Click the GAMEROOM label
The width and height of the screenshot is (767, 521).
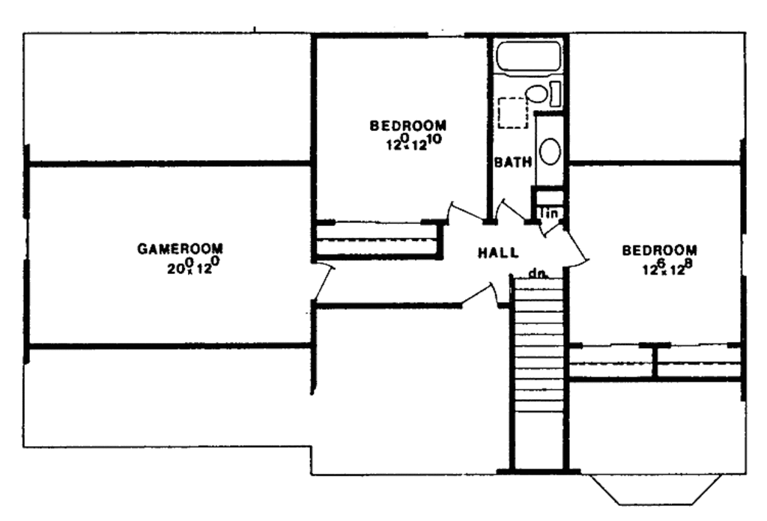[x=180, y=249]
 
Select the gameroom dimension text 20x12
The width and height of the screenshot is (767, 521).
[x=192, y=265]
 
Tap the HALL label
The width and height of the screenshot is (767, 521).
[x=498, y=253]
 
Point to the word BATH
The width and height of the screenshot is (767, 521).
[x=513, y=162]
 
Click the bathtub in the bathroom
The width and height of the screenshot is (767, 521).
[x=530, y=57]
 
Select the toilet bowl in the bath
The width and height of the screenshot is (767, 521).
[x=536, y=94]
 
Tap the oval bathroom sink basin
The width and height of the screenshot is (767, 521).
[x=550, y=151]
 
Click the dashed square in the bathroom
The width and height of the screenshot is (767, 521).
[x=513, y=112]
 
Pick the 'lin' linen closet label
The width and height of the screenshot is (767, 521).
[x=551, y=214]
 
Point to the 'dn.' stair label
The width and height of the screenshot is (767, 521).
[x=536, y=274]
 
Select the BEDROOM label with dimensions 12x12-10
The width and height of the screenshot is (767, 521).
[x=408, y=125]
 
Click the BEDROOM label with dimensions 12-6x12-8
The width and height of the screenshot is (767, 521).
[x=660, y=250]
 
